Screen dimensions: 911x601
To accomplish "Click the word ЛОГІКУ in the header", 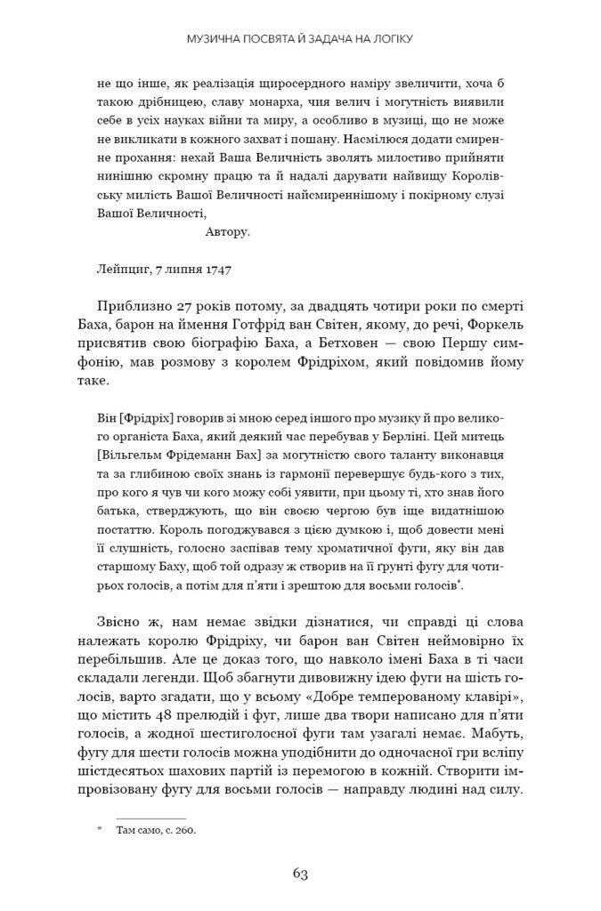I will click(390, 39).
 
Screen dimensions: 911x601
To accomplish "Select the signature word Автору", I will click(228, 232).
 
